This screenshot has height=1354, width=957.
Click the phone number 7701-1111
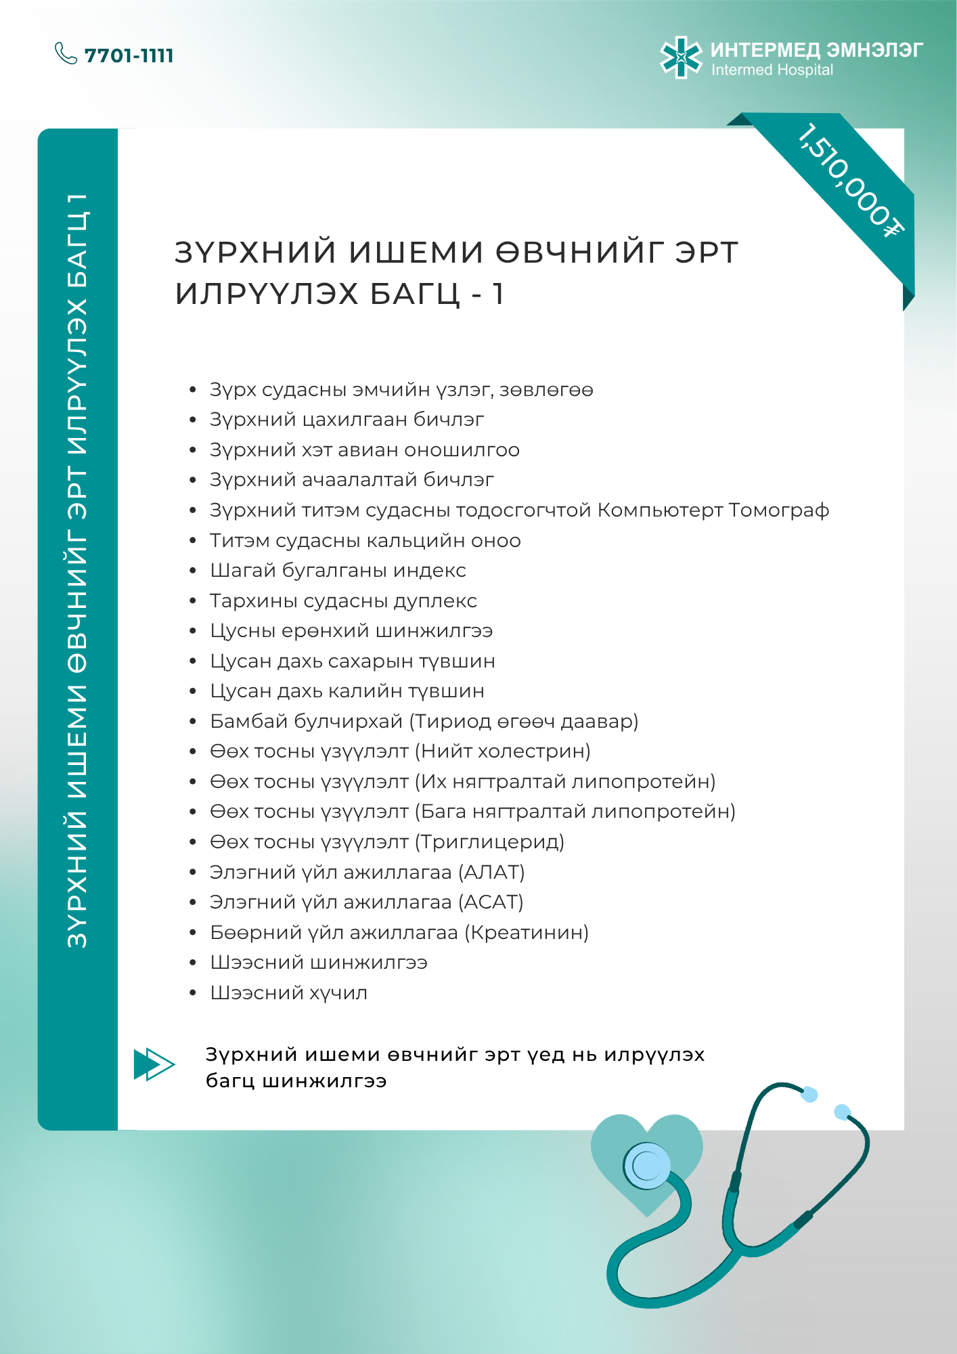(129, 56)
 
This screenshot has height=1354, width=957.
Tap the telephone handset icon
(66, 53)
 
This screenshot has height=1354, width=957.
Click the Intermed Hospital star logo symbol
(681, 58)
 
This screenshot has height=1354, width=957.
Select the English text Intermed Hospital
(772, 70)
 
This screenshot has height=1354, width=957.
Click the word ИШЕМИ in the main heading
(416, 253)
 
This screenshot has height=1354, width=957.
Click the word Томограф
(779, 510)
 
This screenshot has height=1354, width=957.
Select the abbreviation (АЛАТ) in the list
(491, 873)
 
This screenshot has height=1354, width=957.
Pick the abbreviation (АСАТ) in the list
(491, 902)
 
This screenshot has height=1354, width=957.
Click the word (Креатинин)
(527, 933)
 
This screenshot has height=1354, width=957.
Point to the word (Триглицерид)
(489, 842)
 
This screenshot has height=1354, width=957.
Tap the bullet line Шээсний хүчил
(288, 993)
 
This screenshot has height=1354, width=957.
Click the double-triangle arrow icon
(154, 1064)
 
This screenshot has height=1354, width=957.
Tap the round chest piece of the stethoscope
(647, 1166)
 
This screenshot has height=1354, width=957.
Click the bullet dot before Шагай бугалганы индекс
(193, 571)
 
